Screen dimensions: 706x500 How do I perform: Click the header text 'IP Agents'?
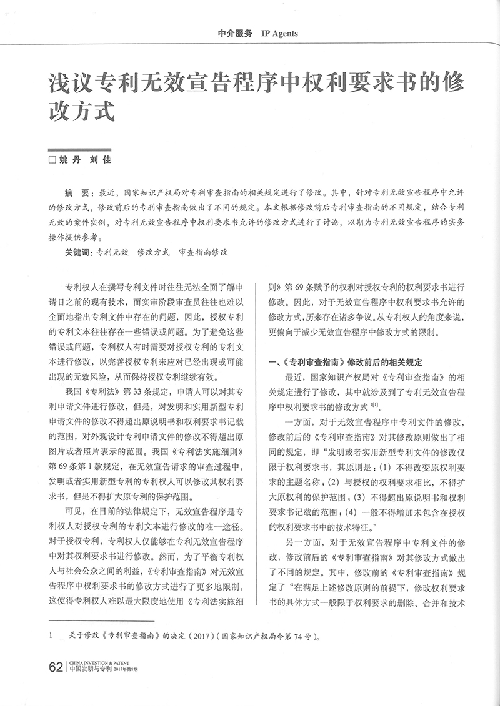279,34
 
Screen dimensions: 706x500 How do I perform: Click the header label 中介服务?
236,34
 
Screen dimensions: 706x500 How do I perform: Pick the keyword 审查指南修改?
203,253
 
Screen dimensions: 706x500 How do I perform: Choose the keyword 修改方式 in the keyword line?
153,253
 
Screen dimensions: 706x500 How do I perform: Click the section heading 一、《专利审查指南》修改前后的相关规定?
345,362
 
